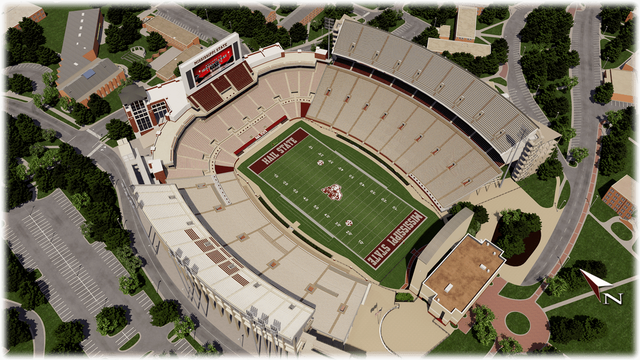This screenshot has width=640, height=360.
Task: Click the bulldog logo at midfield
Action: tap(331, 192)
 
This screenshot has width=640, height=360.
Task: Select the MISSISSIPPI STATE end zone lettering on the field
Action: tap(395, 238)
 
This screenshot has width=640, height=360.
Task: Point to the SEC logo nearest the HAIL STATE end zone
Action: tap(321, 162)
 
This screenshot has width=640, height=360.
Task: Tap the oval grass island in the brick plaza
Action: tap(517, 323)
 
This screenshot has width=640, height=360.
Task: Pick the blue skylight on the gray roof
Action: tap(89, 74)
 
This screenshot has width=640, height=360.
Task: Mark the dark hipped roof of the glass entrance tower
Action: tap(134, 94)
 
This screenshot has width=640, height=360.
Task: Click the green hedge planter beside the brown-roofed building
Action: tap(404, 297)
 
